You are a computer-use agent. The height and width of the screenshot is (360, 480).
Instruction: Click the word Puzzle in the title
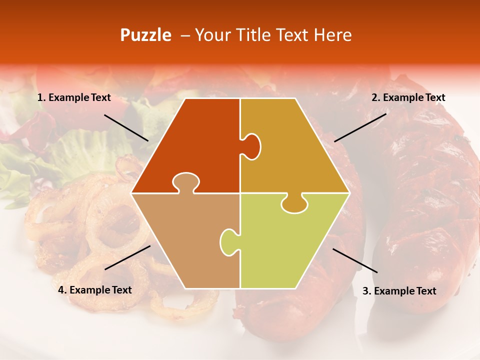click(145, 35)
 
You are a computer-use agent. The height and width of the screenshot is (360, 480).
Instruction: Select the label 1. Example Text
click(74, 98)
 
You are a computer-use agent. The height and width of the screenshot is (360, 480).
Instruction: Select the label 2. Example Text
click(408, 98)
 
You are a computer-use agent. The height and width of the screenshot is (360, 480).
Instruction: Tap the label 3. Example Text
click(399, 291)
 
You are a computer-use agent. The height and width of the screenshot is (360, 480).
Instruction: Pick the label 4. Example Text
click(95, 290)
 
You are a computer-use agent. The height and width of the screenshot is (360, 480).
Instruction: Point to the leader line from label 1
click(126, 127)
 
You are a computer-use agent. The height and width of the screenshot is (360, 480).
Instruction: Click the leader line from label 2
click(360, 127)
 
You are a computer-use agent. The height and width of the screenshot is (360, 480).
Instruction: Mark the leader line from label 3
click(355, 260)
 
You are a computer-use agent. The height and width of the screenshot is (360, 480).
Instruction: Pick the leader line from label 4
click(127, 257)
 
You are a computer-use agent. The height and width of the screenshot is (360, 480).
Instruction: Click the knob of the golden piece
click(251, 146)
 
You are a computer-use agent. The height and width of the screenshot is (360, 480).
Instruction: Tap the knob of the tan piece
click(185, 182)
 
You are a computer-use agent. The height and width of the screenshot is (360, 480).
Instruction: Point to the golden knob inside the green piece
click(294, 203)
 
